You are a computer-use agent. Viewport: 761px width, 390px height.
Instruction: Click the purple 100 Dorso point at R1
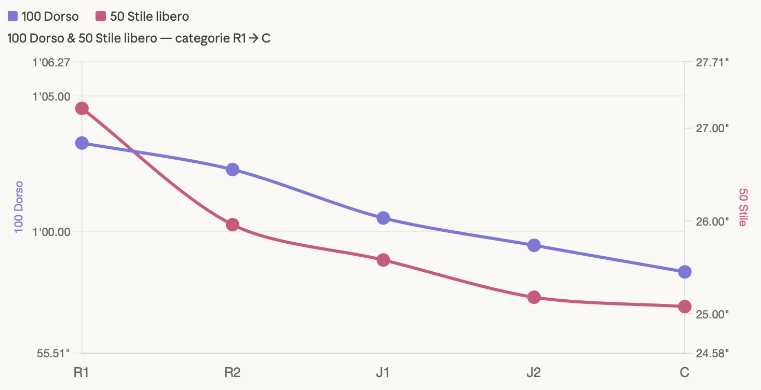pyautogui.click(x=81, y=143)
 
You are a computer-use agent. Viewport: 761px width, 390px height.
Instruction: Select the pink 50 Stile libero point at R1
pyautogui.click(x=81, y=108)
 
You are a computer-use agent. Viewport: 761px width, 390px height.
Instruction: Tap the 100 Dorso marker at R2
pyautogui.click(x=233, y=170)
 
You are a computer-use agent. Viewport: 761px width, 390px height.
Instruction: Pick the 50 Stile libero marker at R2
pyautogui.click(x=233, y=225)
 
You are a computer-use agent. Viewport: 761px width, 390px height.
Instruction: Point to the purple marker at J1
pyautogui.click(x=383, y=218)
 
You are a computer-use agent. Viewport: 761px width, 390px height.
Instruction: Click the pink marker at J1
pyautogui.click(x=383, y=260)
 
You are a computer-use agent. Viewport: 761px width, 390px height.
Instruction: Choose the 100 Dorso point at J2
pyautogui.click(x=534, y=245)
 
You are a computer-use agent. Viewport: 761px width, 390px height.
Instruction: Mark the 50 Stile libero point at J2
pyautogui.click(x=534, y=297)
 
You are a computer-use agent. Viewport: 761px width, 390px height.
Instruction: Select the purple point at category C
pyautogui.click(x=685, y=272)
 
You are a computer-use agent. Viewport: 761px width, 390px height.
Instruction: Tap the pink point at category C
pyautogui.click(x=685, y=306)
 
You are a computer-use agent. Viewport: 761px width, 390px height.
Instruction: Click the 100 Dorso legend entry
pyautogui.click(x=44, y=17)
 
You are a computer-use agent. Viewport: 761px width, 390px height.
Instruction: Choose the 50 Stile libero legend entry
pyautogui.click(x=143, y=17)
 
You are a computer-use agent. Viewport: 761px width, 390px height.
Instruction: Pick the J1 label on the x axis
pyautogui.click(x=383, y=372)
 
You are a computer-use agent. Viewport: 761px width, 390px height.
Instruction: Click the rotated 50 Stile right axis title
pyautogui.click(x=743, y=207)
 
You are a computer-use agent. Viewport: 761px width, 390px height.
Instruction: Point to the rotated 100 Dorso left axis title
pyautogui.click(x=19, y=206)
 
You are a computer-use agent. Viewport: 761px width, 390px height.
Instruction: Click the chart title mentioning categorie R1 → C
pyautogui.click(x=139, y=38)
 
